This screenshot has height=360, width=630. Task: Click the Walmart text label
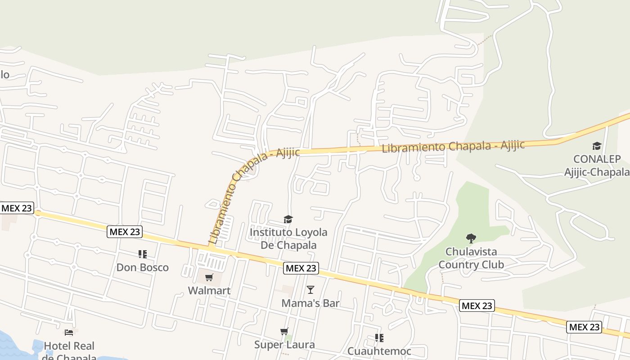coord(209,291)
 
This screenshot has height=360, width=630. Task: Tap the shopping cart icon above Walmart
coord(209,277)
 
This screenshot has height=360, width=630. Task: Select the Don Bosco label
coord(142,267)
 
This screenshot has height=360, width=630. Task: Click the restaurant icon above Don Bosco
coord(143,254)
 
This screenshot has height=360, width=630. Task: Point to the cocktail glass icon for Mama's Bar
coord(310,289)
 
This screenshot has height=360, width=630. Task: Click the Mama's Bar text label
coord(310,303)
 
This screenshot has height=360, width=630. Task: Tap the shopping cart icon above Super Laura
coord(284,332)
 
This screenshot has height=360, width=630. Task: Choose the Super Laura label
coord(284,345)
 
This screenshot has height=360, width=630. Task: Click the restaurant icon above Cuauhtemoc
coord(379,337)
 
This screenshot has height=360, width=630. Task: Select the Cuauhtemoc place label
coord(379,351)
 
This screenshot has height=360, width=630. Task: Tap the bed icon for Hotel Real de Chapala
coord(69,333)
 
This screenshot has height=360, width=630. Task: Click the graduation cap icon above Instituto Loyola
coord(288,219)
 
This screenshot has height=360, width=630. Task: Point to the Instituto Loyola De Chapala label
coord(288,238)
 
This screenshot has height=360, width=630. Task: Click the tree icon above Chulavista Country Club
coord(471,238)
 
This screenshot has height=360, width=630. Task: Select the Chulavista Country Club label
coord(471,258)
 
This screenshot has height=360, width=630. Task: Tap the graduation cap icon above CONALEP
coord(597,146)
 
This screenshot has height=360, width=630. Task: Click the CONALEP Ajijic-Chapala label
coord(597,166)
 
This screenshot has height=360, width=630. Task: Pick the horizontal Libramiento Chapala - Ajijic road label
coord(453,147)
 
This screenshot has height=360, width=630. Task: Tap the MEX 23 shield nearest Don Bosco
coord(125,232)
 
